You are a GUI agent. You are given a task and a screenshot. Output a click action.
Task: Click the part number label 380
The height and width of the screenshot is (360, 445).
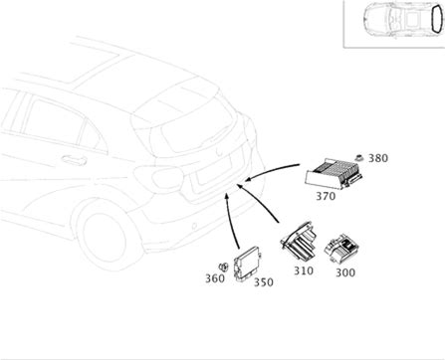pyautogui.click(x=378, y=158)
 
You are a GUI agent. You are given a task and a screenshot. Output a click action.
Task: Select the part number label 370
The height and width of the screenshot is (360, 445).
pyautogui.click(x=326, y=196)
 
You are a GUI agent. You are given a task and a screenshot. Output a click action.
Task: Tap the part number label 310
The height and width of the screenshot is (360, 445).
pyautogui.click(x=304, y=270)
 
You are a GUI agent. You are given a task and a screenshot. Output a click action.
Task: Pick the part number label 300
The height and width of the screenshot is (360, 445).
pyautogui.click(x=345, y=272)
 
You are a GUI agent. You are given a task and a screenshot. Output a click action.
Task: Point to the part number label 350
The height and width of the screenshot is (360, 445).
pyautogui.click(x=264, y=282)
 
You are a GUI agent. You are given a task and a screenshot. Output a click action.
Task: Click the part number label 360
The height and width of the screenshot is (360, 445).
pyautogui.click(x=215, y=278)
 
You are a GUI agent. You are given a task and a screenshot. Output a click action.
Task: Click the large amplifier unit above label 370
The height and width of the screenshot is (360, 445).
pyautogui.click(x=334, y=173)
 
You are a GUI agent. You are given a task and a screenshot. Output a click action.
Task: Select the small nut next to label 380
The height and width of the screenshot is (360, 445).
pyautogui.click(x=358, y=158)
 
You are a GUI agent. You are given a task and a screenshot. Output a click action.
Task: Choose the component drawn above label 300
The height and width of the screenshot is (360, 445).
pyautogui.click(x=340, y=250)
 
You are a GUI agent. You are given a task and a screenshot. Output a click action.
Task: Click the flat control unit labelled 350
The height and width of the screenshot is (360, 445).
pyautogui.click(x=248, y=264)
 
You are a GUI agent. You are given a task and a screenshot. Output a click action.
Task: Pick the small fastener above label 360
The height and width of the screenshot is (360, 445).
pyautogui.click(x=223, y=267)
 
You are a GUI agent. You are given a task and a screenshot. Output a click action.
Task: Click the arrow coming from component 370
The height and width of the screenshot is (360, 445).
pyautogui.click(x=271, y=170)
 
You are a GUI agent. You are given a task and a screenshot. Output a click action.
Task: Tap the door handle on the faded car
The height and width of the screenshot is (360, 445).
pyautogui.click(x=75, y=160)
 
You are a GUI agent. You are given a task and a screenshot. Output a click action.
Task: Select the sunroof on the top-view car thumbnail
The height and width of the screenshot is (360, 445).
pyautogui.click(x=413, y=19)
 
